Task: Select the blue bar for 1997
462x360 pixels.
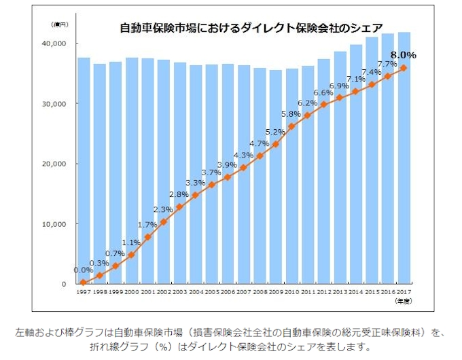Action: click(x=84, y=170)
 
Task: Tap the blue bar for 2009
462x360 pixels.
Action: click(x=275, y=177)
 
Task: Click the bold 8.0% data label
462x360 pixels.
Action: click(x=403, y=54)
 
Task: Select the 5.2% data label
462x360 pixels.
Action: click(x=275, y=131)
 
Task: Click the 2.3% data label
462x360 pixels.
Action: click(x=163, y=209)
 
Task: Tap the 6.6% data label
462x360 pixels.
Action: click(x=323, y=92)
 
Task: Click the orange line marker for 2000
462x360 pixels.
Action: click(x=132, y=255)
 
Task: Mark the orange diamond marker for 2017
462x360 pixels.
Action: click(x=404, y=68)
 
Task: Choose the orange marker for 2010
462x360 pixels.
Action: click(x=291, y=126)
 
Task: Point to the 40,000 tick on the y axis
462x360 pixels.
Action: click(x=54, y=43)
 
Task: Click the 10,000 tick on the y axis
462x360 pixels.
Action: click(x=54, y=224)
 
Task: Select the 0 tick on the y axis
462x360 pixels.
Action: click(x=63, y=284)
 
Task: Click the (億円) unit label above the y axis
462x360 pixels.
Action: click(x=59, y=25)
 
